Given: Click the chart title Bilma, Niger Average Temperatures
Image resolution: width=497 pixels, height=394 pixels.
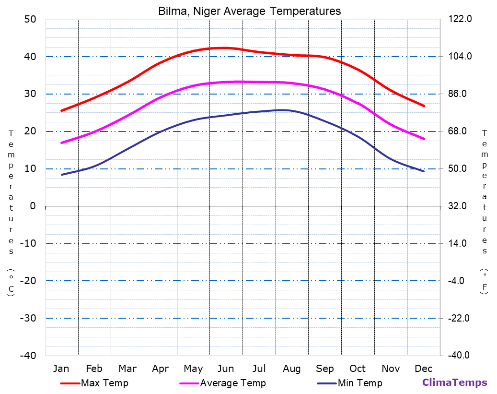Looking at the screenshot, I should (250, 11).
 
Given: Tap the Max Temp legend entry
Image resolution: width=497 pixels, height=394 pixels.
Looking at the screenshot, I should (104, 383).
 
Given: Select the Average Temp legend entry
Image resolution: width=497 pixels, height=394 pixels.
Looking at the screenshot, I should (232, 383).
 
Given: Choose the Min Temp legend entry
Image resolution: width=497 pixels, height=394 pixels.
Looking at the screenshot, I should (359, 383).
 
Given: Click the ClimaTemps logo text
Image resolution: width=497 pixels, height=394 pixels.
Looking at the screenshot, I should (454, 382).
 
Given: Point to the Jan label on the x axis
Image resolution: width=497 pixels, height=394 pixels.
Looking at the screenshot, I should (61, 369).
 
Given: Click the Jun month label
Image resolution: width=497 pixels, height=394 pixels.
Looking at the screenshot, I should (226, 369).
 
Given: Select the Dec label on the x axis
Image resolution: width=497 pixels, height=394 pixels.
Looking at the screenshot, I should (424, 369).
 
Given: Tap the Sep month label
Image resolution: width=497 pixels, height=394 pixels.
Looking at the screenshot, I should (325, 369).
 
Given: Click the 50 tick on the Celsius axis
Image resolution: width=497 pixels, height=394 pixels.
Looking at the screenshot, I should (30, 19).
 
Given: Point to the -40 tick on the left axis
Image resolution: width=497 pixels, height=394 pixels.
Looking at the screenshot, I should (27, 356).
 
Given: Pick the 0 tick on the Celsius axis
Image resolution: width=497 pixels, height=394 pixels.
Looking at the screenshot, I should (33, 206).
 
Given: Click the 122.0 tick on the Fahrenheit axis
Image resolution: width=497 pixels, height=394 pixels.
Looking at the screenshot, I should (460, 19).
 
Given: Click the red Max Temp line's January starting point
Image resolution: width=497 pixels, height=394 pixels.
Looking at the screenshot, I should (61, 111).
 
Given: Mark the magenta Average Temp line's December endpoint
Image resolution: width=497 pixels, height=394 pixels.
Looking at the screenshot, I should (424, 139).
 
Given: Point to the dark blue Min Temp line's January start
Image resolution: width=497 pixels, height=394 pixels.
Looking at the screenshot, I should (61, 175).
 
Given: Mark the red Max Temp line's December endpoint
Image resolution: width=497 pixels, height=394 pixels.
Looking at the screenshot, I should (424, 106).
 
